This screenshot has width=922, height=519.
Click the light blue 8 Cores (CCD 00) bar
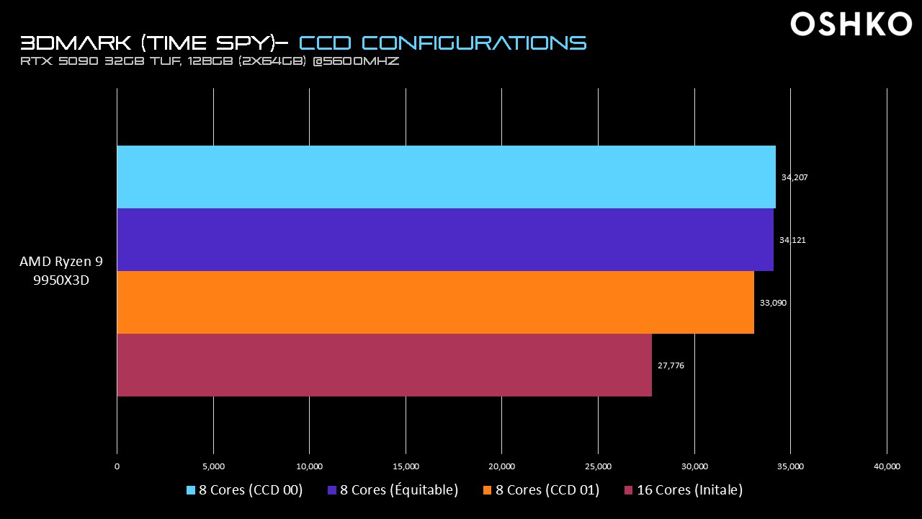click(x=446, y=177)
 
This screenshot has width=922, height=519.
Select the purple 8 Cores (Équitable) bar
click(x=445, y=239)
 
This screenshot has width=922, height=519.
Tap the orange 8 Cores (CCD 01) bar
click(x=435, y=302)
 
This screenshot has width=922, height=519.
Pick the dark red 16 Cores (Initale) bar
click(x=384, y=365)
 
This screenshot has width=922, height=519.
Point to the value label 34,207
click(x=795, y=177)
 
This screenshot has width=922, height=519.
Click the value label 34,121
click(x=792, y=240)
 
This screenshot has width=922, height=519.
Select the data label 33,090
click(x=773, y=303)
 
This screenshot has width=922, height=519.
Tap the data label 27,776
click(x=671, y=365)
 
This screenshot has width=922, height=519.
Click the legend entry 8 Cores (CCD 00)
click(x=245, y=490)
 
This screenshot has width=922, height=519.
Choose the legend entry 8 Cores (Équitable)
click(x=393, y=490)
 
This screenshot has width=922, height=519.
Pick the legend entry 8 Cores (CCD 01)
click(x=541, y=490)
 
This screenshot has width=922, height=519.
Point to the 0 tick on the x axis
click(x=117, y=466)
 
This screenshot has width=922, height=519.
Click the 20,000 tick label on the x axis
click(x=502, y=466)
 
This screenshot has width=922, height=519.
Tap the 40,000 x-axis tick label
click(x=887, y=466)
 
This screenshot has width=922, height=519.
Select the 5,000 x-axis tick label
click(x=214, y=466)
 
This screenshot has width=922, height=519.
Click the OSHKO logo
click(x=851, y=25)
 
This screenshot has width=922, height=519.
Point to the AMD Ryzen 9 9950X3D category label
click(x=61, y=271)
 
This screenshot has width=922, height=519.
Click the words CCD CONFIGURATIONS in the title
click(x=442, y=42)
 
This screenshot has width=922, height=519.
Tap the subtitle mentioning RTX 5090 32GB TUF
click(x=210, y=62)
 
